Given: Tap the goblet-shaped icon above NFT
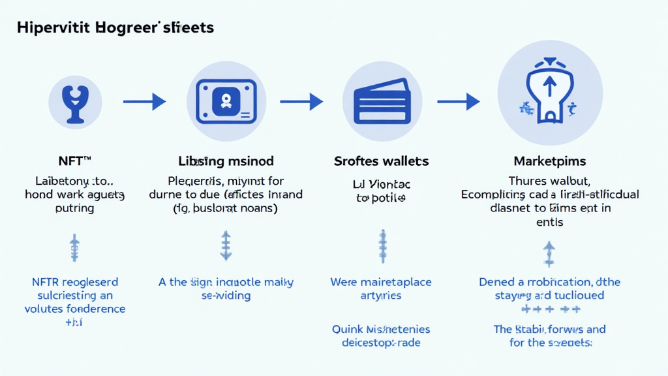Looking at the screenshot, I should pos(75,102).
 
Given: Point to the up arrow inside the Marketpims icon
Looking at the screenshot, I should pos(549,84).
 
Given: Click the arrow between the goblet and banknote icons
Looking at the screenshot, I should pos(144,102).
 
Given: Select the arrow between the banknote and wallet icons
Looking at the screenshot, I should pos(301,102).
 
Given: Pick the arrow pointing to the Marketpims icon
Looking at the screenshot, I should pos(459,102).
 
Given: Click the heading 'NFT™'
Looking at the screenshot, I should pos(74,161).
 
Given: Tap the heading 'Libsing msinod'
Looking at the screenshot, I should pos(226,161).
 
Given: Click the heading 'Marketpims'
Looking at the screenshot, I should pos(549,161).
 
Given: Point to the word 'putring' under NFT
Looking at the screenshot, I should pos(74,209).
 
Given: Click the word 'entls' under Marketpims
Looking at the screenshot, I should pos(549,223).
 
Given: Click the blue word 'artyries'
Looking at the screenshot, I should pos(381,296).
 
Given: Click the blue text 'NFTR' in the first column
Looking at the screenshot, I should pos(46,283).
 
